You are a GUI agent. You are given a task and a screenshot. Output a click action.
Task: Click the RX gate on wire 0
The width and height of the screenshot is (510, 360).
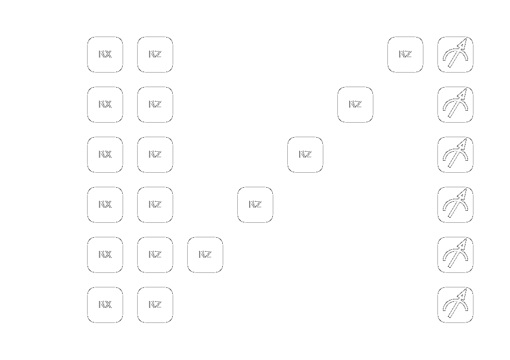point(105,55)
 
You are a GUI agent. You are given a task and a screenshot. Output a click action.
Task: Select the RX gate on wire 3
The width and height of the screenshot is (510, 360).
point(105,205)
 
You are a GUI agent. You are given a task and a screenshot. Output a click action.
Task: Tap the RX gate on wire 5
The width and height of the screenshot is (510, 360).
point(105,305)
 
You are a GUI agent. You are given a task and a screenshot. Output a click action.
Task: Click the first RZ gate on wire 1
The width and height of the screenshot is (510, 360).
point(155,105)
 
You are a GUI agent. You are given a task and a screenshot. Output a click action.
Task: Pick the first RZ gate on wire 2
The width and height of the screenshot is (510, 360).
point(155,155)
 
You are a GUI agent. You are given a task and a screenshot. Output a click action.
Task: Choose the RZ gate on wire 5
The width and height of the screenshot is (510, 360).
point(155,305)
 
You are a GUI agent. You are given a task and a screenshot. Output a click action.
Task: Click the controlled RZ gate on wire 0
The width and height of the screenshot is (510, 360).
point(405,55)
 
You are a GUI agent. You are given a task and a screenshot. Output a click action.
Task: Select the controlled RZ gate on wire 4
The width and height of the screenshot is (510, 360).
point(205,255)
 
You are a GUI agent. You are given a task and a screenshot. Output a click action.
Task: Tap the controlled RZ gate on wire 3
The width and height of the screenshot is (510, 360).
point(255,205)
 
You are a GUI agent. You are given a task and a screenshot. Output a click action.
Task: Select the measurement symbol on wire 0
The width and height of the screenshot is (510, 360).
point(455,55)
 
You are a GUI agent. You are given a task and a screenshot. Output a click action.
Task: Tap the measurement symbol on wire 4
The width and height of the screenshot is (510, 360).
point(455,255)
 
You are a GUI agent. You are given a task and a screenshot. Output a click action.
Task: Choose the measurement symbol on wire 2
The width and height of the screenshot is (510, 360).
point(455,155)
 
